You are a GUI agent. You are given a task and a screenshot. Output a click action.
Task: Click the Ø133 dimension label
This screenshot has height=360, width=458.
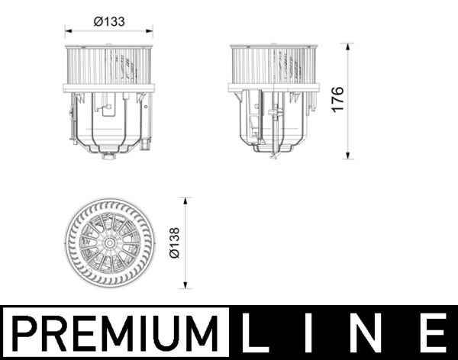(109, 22)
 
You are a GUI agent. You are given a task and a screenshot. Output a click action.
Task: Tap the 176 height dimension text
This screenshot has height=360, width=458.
(338, 100)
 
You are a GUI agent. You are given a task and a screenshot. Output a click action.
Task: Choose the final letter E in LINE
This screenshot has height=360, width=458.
(434, 333)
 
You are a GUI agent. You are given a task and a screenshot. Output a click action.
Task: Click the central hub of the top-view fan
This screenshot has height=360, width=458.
(109, 243)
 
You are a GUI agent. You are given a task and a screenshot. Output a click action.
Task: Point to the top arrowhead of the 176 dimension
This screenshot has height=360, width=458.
(349, 47)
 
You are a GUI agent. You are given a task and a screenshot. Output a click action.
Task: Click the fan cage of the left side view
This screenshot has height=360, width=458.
(109, 67)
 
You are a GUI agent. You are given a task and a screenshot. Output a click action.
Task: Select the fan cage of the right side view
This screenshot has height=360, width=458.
(273, 67)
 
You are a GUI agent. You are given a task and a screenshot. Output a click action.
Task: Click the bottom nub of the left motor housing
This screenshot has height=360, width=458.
(108, 156)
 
